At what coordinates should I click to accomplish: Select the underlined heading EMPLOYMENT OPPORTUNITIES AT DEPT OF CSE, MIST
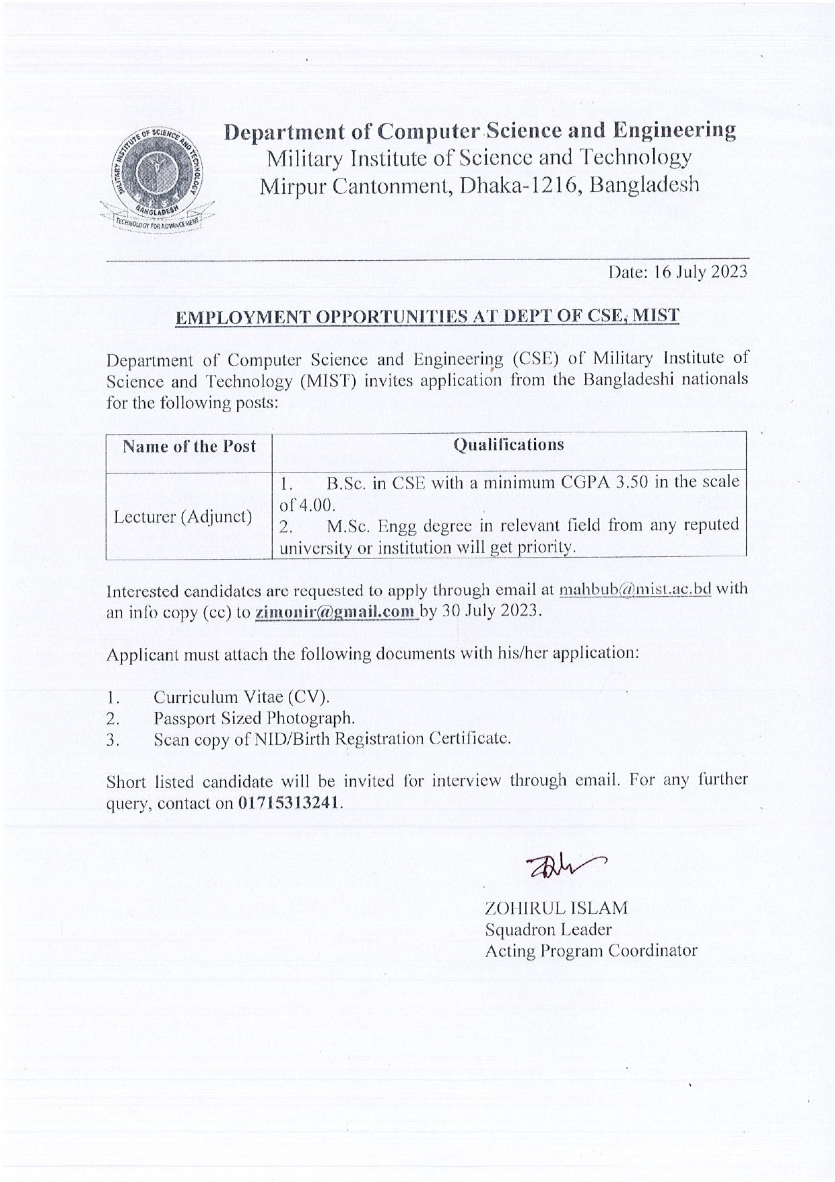[x=427, y=317]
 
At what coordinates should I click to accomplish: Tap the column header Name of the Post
[x=189, y=447]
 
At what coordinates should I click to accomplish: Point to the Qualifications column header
[x=508, y=445]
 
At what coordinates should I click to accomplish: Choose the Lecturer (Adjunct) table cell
[x=182, y=517]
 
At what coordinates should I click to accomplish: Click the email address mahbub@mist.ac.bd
[x=635, y=589]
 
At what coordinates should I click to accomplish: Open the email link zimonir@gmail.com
[x=335, y=612]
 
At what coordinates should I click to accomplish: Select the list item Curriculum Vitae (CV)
[x=241, y=697]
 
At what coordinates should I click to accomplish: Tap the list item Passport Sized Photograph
[x=254, y=718]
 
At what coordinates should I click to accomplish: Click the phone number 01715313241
[x=289, y=803]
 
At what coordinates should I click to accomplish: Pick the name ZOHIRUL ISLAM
[x=556, y=908]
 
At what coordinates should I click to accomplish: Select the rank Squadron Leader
[x=548, y=929]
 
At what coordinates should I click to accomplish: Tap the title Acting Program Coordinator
[x=591, y=951]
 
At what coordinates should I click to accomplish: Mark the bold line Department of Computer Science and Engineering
[x=479, y=131]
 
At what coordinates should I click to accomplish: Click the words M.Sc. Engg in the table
[x=371, y=525]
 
